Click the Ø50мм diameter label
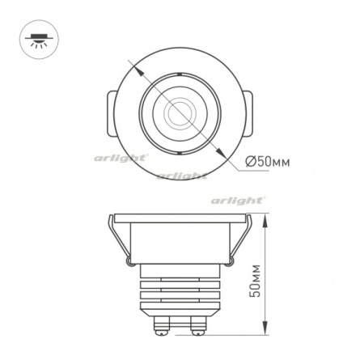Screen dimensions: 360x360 tap(268, 162)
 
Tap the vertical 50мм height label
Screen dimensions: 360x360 tap(256, 281)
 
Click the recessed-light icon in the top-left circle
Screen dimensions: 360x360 tap(40, 40)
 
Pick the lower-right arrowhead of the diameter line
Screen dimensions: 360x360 tap(220, 152)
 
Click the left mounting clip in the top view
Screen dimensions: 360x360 tap(112, 114)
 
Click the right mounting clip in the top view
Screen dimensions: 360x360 tap(248, 114)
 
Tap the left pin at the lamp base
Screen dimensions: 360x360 tap(162, 325)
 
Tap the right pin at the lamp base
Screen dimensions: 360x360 tap(198, 325)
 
